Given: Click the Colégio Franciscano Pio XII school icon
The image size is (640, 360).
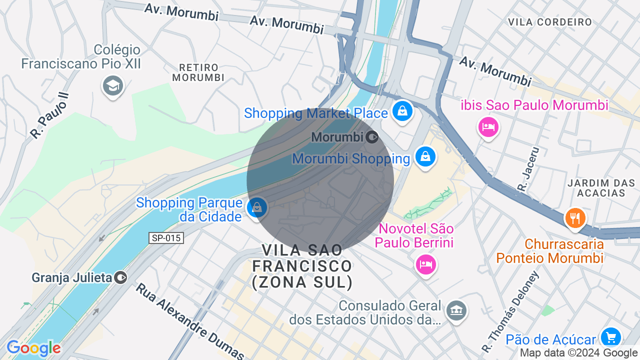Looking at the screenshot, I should [x=113, y=86].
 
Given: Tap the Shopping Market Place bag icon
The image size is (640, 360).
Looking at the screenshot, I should [x=402, y=111].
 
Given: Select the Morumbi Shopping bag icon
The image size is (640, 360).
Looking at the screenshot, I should [x=425, y=157].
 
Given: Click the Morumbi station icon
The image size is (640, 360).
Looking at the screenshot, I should [x=372, y=136].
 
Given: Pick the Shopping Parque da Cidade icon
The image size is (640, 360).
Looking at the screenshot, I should [x=257, y=207].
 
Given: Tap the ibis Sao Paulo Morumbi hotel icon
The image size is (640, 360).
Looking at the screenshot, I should [x=487, y=126].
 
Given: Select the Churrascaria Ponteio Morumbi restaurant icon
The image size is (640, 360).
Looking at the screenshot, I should [x=575, y=218].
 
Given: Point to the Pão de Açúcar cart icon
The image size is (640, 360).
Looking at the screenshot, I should [x=610, y=337].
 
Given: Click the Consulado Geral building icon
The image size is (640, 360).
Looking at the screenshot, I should [x=456, y=310].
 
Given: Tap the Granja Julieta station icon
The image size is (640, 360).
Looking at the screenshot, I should [x=120, y=277].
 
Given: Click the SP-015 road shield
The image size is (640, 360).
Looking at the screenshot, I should [x=166, y=238].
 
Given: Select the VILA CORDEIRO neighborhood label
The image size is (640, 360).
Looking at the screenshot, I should [x=549, y=22].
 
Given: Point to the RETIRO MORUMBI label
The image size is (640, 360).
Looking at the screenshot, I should [x=198, y=72].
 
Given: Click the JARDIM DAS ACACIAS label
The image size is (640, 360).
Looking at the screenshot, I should [x=596, y=188].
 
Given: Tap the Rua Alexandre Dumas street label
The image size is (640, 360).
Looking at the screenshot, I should [x=189, y=320].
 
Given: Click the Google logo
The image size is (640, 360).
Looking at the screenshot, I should [x=33, y=348].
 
